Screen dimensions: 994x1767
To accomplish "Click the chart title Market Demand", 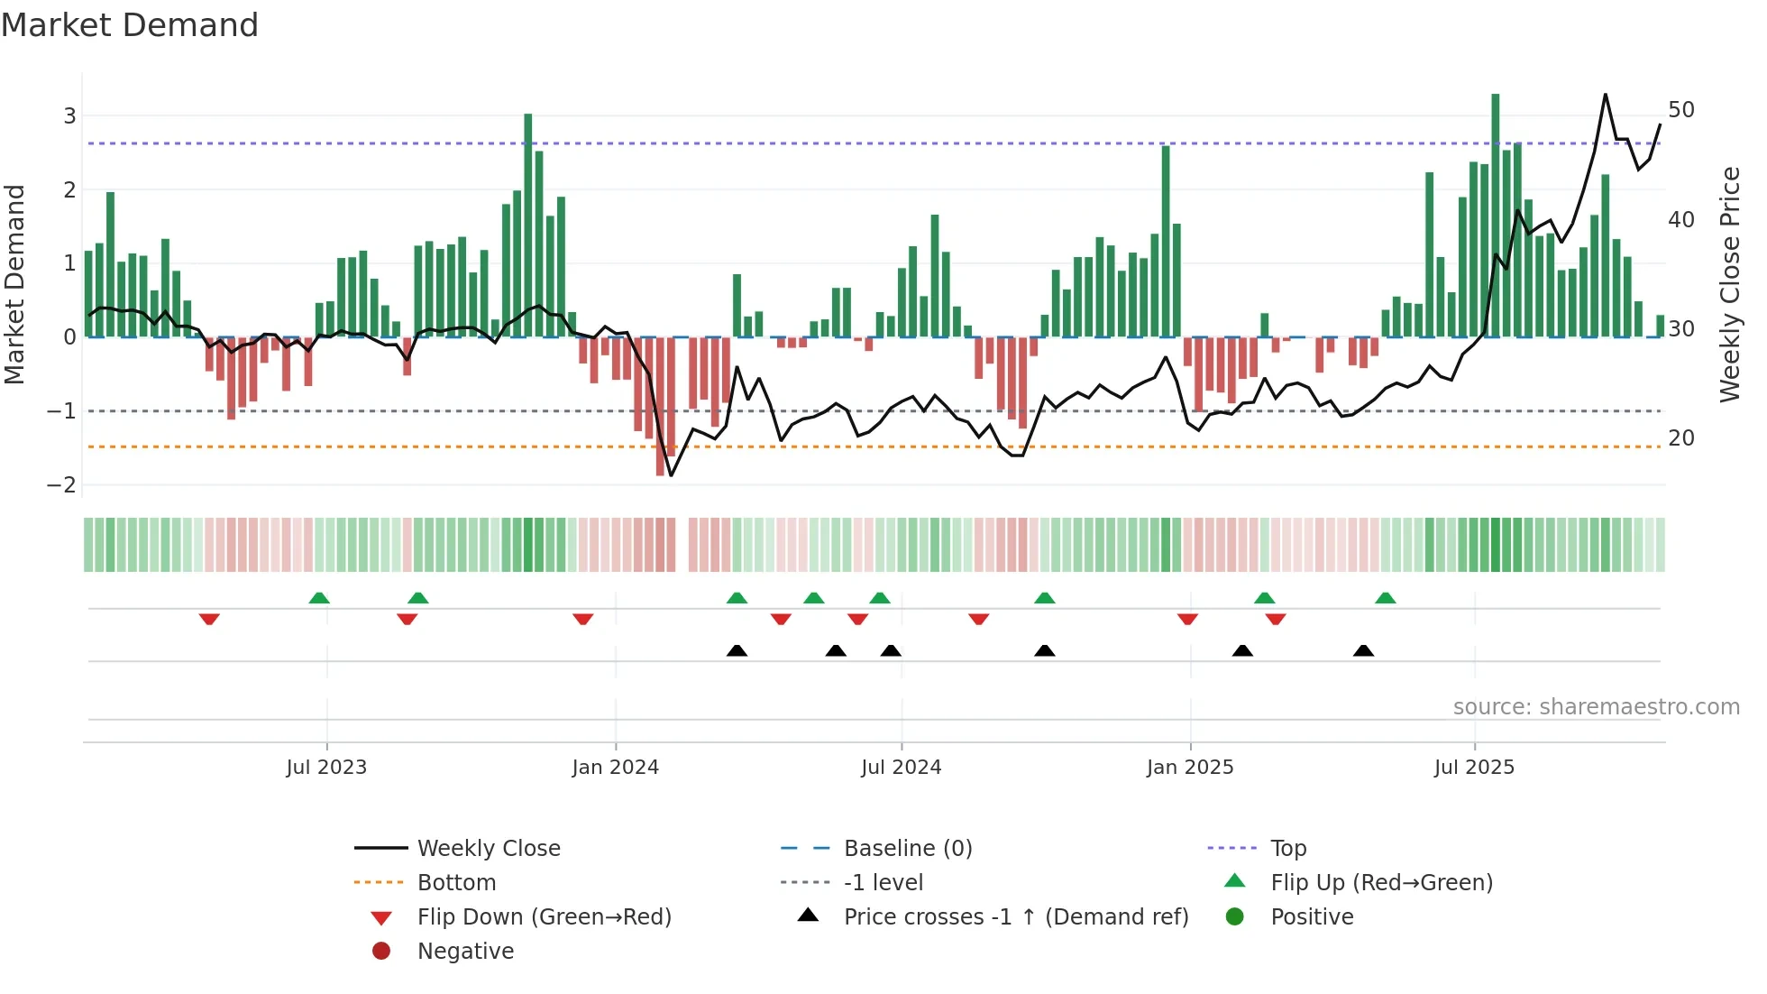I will click(130, 25).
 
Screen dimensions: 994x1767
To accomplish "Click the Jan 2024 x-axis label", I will click(615, 768).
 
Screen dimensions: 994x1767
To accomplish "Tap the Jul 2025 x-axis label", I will click(1474, 768).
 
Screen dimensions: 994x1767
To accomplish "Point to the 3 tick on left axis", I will click(69, 115).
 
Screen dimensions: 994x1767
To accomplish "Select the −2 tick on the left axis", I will click(62, 485).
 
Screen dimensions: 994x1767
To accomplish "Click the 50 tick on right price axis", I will click(1680, 110).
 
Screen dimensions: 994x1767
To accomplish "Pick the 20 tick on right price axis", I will click(1680, 438).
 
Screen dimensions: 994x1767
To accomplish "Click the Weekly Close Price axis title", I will click(1729, 284).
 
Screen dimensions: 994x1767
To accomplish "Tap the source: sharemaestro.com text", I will click(1596, 707).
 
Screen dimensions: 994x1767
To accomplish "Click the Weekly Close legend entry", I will click(488, 849).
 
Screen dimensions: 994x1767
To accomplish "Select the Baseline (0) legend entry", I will click(907, 849).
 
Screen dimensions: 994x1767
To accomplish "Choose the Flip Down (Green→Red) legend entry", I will click(544, 917).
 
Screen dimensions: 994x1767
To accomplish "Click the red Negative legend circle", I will click(381, 952).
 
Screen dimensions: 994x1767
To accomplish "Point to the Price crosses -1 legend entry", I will click(1015, 917).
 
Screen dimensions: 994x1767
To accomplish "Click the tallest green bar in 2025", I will click(1495, 216).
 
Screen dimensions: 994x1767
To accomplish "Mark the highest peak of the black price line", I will click(1606, 95).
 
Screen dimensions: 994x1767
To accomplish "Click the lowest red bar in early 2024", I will click(660, 406).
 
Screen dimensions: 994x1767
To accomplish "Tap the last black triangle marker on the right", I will click(1363, 651).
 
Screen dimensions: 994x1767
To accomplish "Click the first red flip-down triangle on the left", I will click(209, 619).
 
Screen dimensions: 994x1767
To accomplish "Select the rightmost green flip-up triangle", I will click(1386, 598).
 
